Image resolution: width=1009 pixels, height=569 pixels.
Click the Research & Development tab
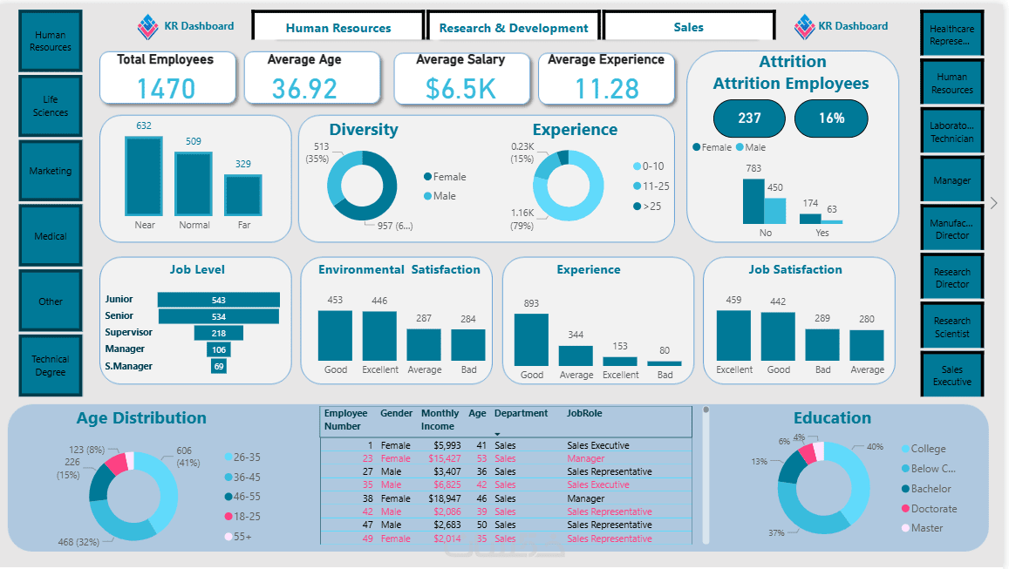513,28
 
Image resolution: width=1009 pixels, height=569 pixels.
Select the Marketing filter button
51,171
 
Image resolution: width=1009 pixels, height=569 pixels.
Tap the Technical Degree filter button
51,365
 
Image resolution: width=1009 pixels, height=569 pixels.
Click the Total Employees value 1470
167,88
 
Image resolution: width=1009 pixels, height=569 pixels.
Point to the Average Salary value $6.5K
460,88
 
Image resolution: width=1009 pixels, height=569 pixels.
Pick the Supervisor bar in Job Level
219,333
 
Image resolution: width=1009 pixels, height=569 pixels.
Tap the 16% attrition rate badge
831,119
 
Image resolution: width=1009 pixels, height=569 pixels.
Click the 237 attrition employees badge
749,119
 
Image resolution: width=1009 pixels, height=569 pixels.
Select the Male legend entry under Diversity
445,196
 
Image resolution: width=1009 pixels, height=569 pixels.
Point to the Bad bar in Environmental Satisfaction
468,344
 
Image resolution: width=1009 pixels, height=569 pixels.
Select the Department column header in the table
521,414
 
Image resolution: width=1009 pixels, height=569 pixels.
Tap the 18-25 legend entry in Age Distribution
248,517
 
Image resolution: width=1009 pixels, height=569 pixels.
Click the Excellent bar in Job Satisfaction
733,335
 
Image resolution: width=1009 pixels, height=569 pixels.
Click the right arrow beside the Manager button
993,203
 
